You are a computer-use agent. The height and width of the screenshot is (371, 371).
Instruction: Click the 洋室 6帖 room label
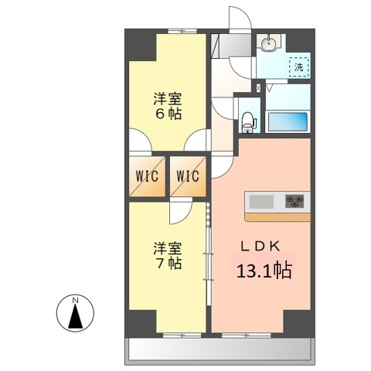(x=167, y=106)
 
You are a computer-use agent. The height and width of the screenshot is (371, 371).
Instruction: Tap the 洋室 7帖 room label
(x=167, y=256)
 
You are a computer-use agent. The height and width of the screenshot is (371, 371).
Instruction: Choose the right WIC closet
(x=187, y=176)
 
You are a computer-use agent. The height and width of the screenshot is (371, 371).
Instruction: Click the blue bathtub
(x=287, y=122)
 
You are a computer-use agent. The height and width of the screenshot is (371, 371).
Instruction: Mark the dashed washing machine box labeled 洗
(x=298, y=67)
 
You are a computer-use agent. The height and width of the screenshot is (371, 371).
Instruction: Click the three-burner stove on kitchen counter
(x=294, y=202)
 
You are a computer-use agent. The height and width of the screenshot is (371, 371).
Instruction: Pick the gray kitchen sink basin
(x=260, y=202)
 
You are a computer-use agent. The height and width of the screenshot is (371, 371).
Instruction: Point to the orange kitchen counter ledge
(x=278, y=216)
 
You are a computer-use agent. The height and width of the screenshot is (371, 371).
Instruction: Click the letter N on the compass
(x=75, y=299)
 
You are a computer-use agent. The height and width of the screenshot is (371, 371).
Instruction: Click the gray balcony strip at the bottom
(x=218, y=351)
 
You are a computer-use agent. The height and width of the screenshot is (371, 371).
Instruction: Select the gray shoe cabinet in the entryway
(x=225, y=46)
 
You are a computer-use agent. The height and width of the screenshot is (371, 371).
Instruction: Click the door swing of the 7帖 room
(x=180, y=211)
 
